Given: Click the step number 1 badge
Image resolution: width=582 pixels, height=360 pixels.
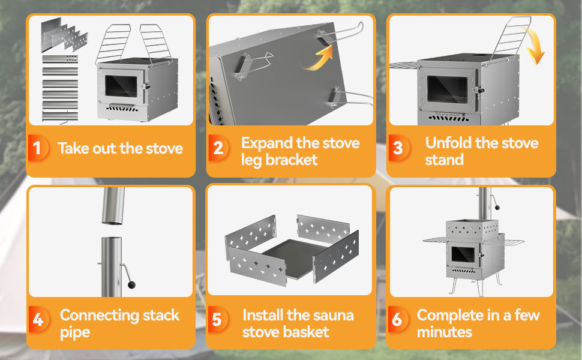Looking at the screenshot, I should pos(38,148).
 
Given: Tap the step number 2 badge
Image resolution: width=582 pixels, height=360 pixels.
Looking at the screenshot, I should pos(218,148).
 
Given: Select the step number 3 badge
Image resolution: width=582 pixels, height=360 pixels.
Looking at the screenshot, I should pos(398,148).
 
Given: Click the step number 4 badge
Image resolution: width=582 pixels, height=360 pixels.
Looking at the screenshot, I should pos(38,320).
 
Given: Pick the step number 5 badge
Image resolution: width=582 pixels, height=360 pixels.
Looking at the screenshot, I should pos(217,320).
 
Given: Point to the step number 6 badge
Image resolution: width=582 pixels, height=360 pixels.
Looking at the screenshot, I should pos(397,320).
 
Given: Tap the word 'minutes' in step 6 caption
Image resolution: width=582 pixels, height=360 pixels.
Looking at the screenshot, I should pos(445,332).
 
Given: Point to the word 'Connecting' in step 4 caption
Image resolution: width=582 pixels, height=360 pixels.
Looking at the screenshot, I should pos(100,315).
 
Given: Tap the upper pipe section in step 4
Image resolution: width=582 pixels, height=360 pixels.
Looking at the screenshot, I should pos(113,206).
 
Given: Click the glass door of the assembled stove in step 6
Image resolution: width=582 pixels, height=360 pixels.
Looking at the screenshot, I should pos(463,254).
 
